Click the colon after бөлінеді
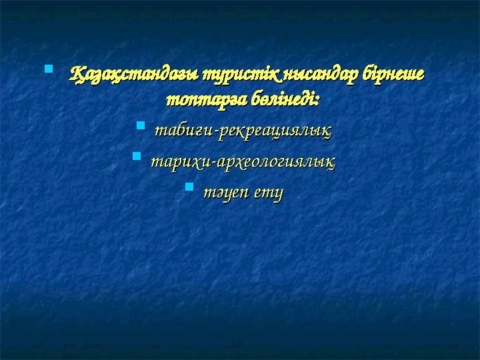317,101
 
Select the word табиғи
179,129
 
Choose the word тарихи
176,161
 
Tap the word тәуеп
223,193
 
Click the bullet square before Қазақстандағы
48,69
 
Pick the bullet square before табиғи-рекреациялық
140,125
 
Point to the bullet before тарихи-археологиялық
136,156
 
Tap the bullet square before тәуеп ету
189,187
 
